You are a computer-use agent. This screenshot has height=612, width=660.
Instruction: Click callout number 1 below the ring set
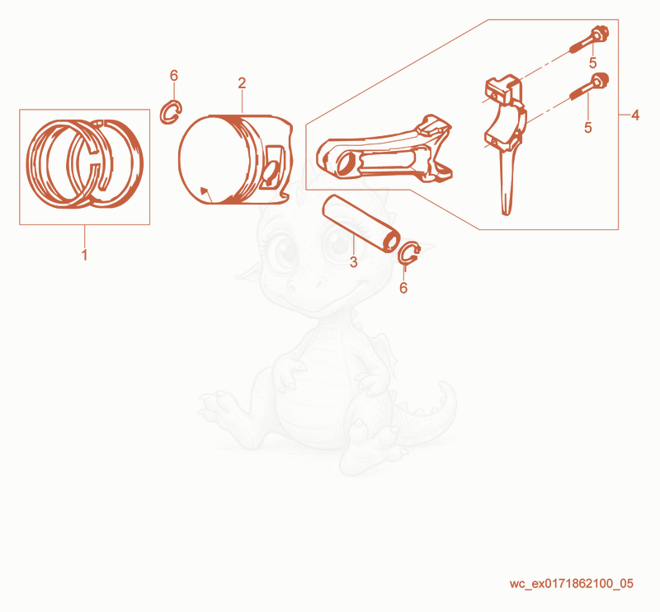click(84, 255)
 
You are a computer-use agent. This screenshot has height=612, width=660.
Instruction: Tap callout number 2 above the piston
click(242, 83)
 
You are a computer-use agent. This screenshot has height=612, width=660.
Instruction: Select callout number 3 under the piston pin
click(354, 261)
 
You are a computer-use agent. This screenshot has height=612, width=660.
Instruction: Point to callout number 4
click(635, 115)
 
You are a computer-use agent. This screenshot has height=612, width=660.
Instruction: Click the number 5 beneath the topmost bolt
click(592, 63)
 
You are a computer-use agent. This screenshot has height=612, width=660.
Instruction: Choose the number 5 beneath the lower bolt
click(588, 127)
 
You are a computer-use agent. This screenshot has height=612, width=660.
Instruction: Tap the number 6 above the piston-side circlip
click(174, 75)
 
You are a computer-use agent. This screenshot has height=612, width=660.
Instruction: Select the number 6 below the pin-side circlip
click(403, 288)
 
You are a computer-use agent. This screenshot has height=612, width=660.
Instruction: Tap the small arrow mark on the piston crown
click(205, 191)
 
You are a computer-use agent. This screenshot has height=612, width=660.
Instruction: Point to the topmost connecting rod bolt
click(589, 39)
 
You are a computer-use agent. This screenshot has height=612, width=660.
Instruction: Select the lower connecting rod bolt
click(589, 87)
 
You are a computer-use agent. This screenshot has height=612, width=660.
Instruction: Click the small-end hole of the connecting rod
click(346, 163)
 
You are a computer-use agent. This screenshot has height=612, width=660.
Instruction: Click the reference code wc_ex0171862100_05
click(571, 583)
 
